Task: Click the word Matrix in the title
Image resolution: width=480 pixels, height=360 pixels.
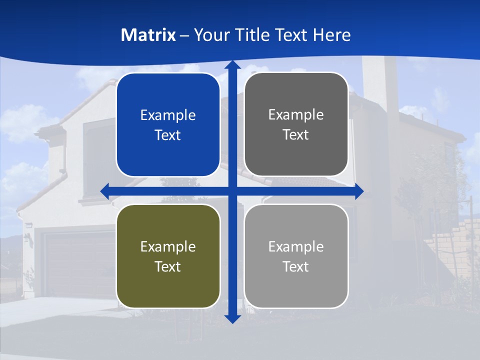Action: point(148,35)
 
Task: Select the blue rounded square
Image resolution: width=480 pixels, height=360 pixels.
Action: point(168,125)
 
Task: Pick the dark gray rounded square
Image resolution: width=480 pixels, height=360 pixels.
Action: point(296,124)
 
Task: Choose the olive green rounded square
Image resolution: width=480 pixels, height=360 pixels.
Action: point(168,256)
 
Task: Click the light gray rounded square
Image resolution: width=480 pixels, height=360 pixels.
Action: point(296,256)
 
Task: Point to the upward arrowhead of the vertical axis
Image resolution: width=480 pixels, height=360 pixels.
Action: point(232,65)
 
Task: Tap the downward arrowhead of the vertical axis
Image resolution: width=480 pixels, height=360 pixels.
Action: point(232,318)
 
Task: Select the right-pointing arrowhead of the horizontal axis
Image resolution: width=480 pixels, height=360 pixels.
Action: point(358,191)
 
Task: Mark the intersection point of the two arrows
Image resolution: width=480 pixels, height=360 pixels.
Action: point(232,191)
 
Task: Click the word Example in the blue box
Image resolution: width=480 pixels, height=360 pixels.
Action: point(168,115)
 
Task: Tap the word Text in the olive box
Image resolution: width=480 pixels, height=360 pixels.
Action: point(168,266)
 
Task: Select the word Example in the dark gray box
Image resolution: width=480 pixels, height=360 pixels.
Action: point(296,114)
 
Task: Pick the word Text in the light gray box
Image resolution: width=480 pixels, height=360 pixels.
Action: point(296,266)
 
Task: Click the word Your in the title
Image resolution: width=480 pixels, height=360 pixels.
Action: point(209,35)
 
